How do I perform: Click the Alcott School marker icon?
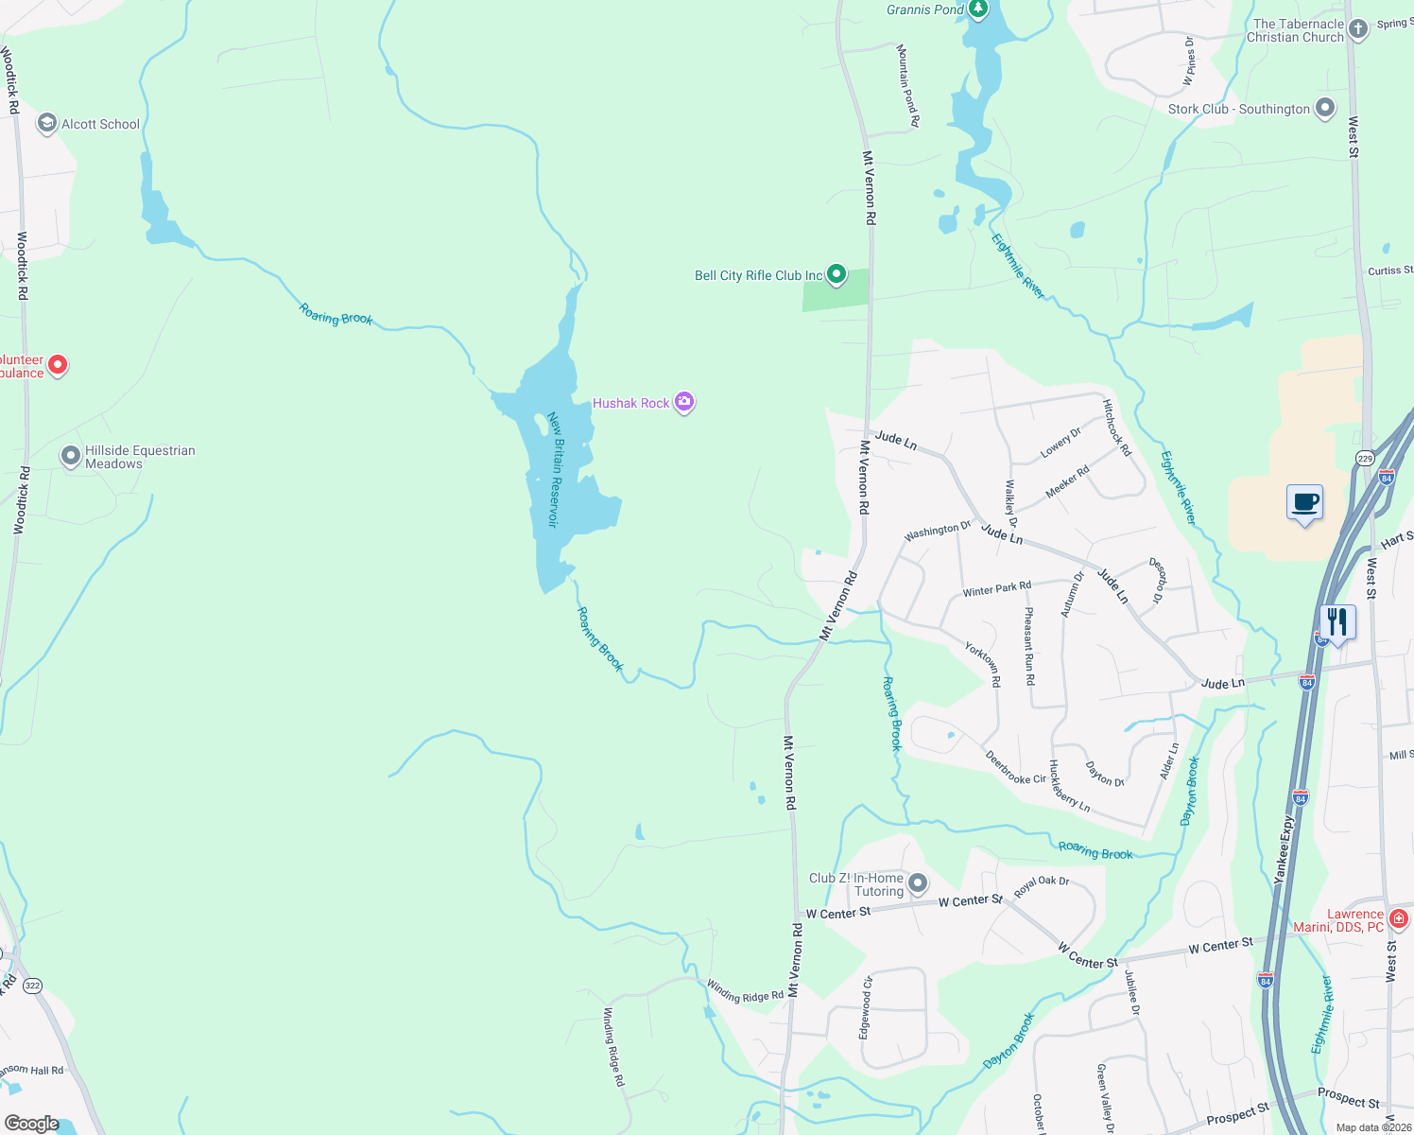[x=46, y=124]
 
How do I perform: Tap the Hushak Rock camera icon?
[x=684, y=403]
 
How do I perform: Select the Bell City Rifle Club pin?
[x=836, y=274]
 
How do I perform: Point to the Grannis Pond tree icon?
[x=978, y=10]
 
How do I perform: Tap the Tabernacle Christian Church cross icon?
[x=1358, y=29]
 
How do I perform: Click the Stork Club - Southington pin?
[x=1325, y=108]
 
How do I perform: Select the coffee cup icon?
[x=1304, y=502]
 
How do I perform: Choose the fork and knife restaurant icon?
[x=1337, y=622]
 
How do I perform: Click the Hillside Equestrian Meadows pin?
[x=71, y=457]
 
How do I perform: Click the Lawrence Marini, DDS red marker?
[x=1400, y=918]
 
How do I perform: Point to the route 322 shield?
[x=33, y=986]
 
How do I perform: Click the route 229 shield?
[x=1365, y=458]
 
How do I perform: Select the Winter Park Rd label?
[x=997, y=589]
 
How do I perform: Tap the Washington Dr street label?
[x=937, y=532]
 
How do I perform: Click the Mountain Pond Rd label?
[x=907, y=85]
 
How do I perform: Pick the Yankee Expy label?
[x=1285, y=851]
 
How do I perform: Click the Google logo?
[x=31, y=1124]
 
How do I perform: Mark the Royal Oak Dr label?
[x=1042, y=886]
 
